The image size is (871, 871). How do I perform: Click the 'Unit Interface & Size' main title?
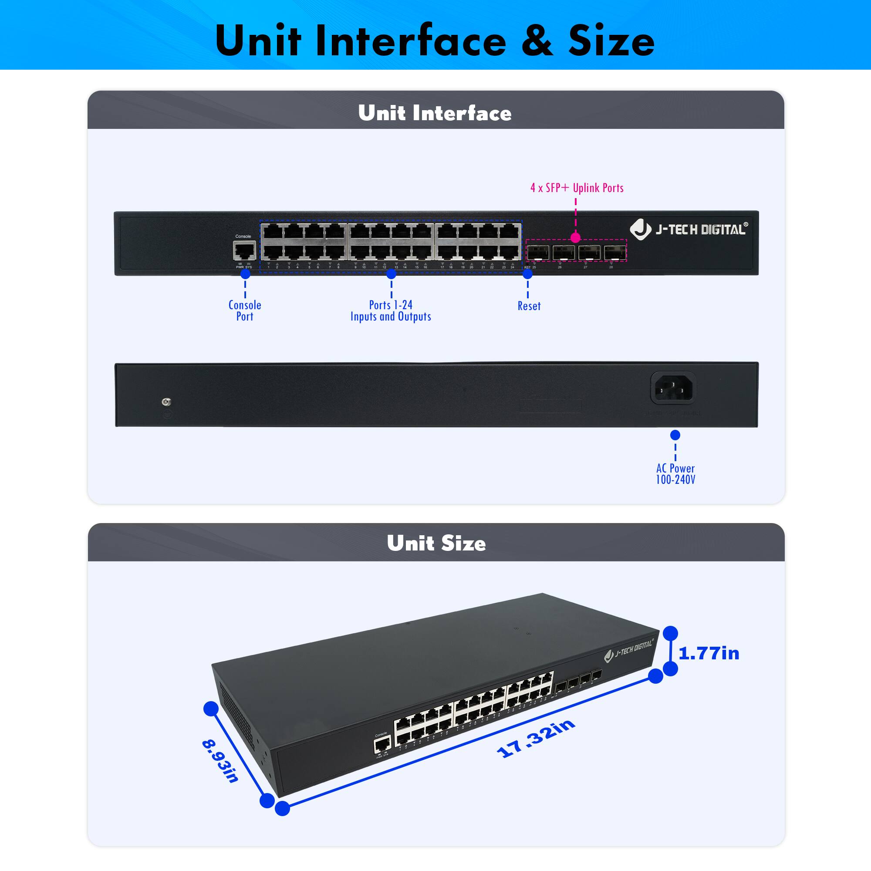(x=435, y=41)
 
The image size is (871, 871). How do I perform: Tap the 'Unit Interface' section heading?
(x=435, y=113)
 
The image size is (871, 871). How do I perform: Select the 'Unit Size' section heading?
(x=436, y=543)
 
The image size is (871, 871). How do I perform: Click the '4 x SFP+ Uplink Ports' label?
(x=577, y=188)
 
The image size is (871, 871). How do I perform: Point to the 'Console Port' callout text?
(x=245, y=311)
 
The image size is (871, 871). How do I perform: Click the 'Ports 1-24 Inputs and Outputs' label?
(x=391, y=311)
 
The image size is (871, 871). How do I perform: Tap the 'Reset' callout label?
(x=529, y=306)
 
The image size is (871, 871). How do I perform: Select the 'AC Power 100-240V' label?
(x=675, y=474)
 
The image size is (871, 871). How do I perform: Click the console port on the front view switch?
(x=245, y=250)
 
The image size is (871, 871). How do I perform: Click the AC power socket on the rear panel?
(x=673, y=388)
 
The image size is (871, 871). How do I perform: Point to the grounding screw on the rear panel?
(x=166, y=402)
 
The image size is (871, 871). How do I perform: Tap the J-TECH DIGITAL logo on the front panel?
(x=689, y=230)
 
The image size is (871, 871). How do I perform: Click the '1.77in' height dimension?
(x=709, y=653)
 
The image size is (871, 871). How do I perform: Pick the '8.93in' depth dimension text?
(x=220, y=761)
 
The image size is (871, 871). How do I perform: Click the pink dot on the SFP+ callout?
(x=575, y=238)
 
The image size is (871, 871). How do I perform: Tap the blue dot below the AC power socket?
(x=675, y=435)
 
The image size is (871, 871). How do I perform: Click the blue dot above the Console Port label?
(x=245, y=273)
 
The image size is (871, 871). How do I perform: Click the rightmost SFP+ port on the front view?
(x=615, y=253)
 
